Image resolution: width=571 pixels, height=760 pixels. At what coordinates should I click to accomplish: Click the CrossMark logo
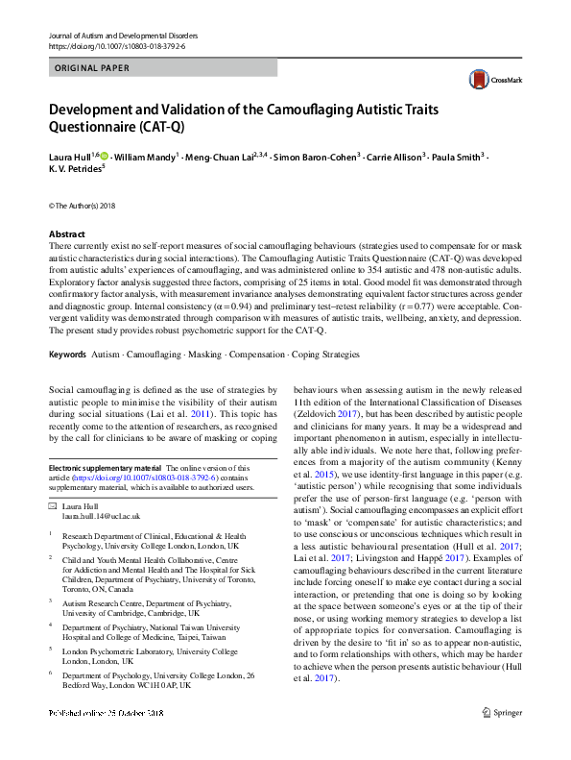491,80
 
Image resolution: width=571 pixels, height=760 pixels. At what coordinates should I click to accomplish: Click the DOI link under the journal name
116,45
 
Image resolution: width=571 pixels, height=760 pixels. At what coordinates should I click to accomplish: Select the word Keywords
67,355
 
